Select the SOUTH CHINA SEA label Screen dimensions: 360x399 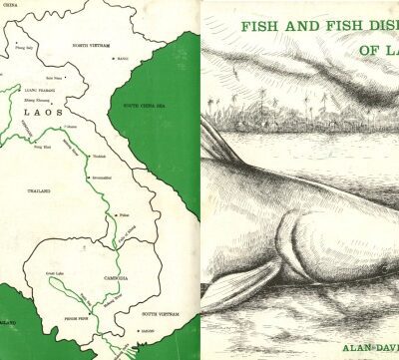[x=146, y=105]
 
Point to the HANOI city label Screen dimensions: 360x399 [x=124, y=59]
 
